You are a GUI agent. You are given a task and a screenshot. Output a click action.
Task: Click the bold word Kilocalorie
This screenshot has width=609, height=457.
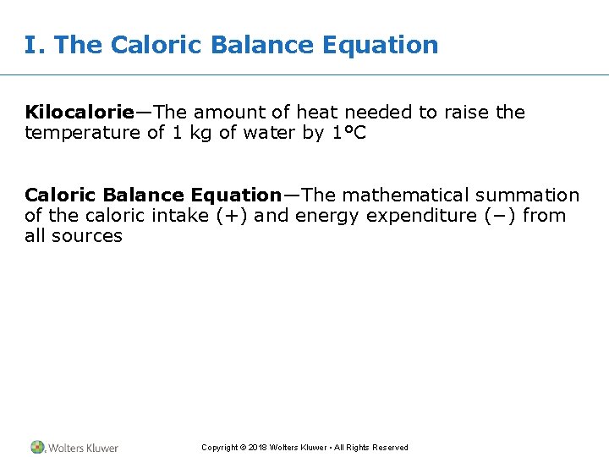point(80,113)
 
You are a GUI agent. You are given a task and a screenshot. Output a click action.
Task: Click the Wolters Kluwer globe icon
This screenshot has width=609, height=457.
point(38,447)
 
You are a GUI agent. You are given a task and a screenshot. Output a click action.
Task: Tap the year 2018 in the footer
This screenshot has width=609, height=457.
point(258,448)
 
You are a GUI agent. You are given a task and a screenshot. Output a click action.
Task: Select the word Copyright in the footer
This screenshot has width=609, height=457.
point(220,448)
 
